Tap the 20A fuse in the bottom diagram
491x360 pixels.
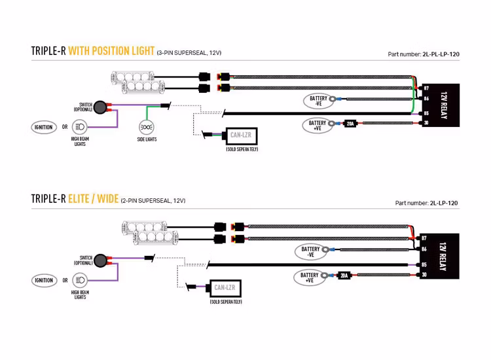click(344, 275)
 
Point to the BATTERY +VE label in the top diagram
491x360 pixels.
click(318, 124)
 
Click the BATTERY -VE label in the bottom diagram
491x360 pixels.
click(311, 251)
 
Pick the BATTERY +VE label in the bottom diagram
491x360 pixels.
click(310, 277)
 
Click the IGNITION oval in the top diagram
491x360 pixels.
click(44, 128)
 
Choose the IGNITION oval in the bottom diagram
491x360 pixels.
click(44, 280)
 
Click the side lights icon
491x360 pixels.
click(147, 127)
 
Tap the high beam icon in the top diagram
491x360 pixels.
click(80, 128)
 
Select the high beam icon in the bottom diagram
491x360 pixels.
click(80, 280)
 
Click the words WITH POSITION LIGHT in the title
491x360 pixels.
click(111, 51)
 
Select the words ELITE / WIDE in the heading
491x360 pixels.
click(93, 199)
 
